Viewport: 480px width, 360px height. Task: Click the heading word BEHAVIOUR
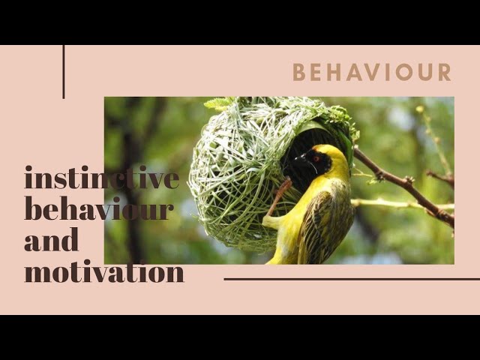coord(371,72)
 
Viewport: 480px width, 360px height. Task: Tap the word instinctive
coord(101,178)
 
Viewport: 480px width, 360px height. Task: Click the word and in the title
coord(51,240)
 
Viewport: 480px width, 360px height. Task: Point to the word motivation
coord(103,271)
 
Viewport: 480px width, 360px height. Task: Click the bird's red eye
coord(316,158)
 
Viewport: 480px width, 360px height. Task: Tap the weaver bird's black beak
coord(299,159)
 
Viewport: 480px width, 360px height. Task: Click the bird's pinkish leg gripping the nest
coord(280,194)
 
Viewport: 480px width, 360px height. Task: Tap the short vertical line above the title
coord(64,71)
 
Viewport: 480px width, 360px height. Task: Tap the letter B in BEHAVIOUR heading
coord(299,72)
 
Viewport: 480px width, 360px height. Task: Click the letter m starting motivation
coord(36,271)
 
